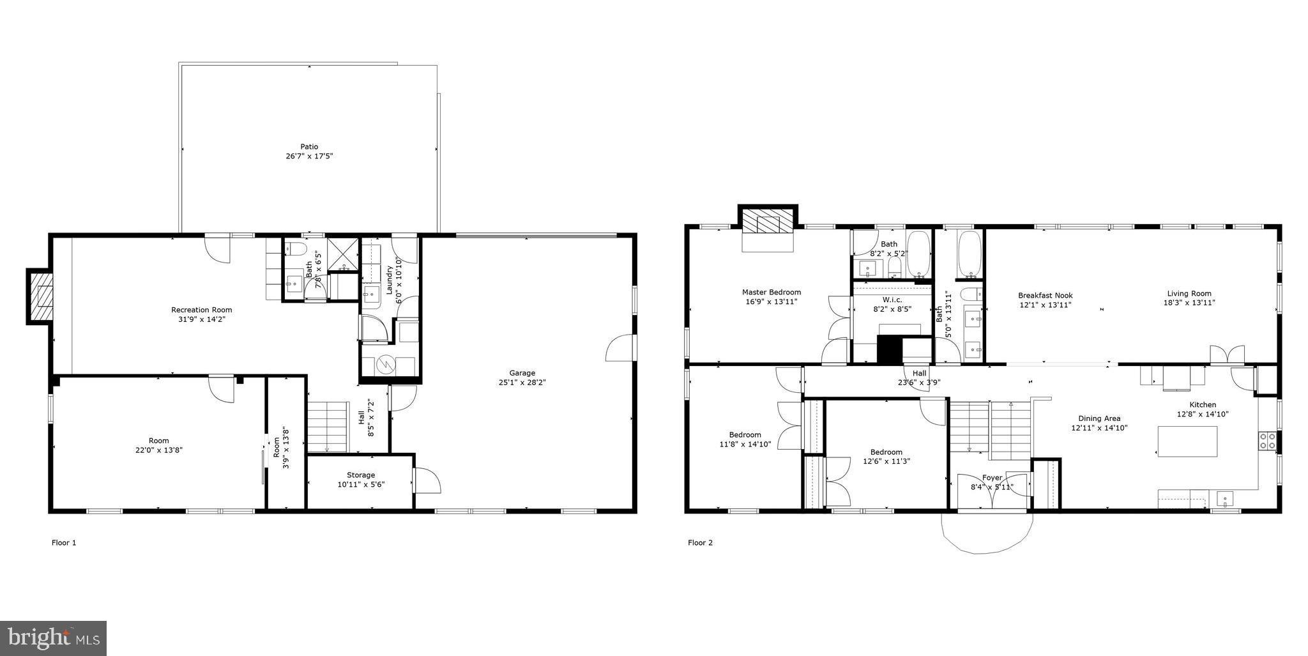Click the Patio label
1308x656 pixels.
309,147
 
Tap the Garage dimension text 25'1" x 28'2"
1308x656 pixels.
522,383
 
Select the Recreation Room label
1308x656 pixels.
201,310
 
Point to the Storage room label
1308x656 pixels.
361,475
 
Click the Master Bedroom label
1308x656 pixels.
771,292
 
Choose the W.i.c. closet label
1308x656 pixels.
892,300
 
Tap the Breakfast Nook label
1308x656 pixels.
1045,295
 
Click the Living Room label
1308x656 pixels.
1189,294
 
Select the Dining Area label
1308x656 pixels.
1099,418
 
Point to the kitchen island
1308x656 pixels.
1187,441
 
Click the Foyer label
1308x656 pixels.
992,478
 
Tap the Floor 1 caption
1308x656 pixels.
64,543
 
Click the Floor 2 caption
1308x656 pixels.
700,543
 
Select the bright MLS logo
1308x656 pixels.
53,637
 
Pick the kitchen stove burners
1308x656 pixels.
1267,441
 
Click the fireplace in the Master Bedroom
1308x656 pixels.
768,225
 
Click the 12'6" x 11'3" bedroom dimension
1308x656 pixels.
886,461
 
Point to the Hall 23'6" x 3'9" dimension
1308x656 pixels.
920,383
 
